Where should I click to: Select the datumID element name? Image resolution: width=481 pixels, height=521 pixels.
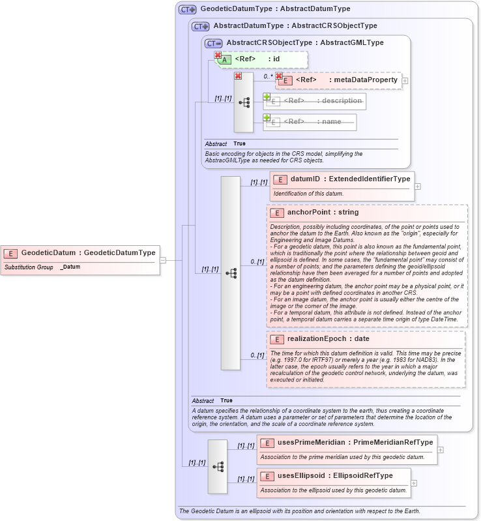tap(304, 179)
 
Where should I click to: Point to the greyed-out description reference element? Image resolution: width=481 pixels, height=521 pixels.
tap(315, 101)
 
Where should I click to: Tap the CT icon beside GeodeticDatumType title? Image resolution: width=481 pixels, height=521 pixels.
tap(188, 9)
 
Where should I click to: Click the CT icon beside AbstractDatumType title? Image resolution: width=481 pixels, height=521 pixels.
tap(201, 26)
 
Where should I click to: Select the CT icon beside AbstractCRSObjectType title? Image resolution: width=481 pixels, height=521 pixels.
tap(214, 43)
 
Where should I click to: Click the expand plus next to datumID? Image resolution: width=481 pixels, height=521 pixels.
tap(418, 186)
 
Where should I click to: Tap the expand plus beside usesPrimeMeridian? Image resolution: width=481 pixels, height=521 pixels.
tap(441, 450)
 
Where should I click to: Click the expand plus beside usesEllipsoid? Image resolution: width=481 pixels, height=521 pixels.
tap(414, 483)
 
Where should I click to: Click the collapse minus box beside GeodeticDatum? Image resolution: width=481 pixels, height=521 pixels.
tap(162, 260)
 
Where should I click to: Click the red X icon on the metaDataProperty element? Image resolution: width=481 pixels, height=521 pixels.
tap(279, 76)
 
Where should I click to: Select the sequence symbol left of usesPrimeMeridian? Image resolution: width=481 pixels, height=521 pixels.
tap(218, 466)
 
